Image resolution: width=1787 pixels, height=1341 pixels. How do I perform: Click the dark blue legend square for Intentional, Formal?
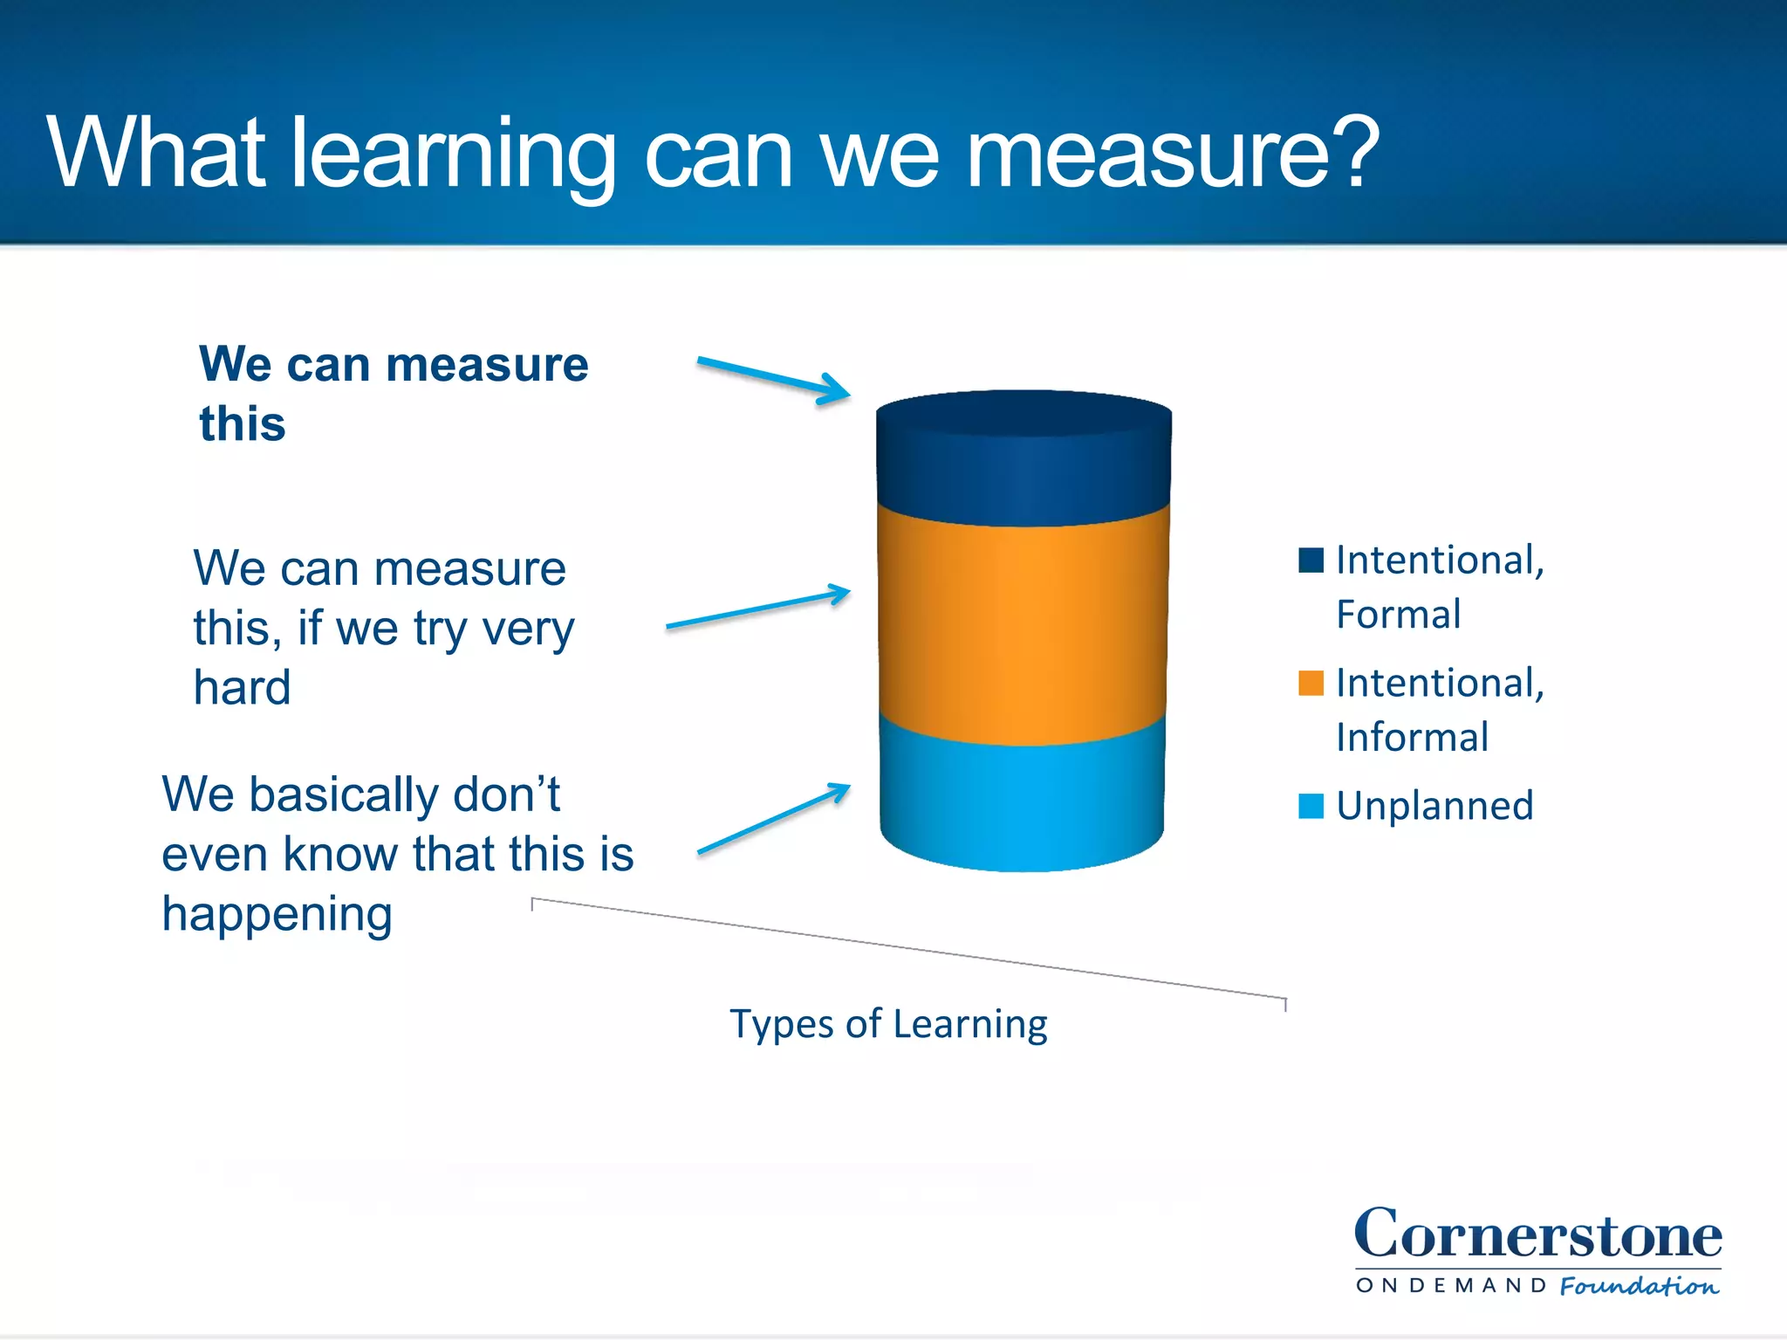tap(1311, 560)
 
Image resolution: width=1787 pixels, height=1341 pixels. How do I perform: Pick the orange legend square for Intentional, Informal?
tap(1311, 683)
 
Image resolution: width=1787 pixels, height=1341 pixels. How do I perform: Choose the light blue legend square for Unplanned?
tap(1311, 805)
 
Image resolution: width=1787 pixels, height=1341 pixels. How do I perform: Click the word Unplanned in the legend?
tap(1434, 806)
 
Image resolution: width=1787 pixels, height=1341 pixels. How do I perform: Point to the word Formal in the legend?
tap(1398, 615)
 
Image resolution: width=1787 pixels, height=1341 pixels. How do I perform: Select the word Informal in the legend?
tap(1412, 738)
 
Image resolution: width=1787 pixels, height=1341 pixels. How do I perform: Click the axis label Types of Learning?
tap(888, 1024)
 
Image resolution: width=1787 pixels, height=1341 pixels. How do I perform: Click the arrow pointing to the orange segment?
tap(757, 609)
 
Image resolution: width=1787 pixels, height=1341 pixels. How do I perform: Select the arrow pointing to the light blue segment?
tap(773, 818)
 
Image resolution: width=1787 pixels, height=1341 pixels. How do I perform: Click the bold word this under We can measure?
tap(243, 424)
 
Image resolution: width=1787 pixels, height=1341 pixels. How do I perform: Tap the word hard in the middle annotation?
tap(242, 687)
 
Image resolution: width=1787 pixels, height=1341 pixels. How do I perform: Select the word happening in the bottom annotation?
tap(277, 916)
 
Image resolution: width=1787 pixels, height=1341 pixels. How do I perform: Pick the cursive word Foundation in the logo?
tap(1639, 1286)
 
